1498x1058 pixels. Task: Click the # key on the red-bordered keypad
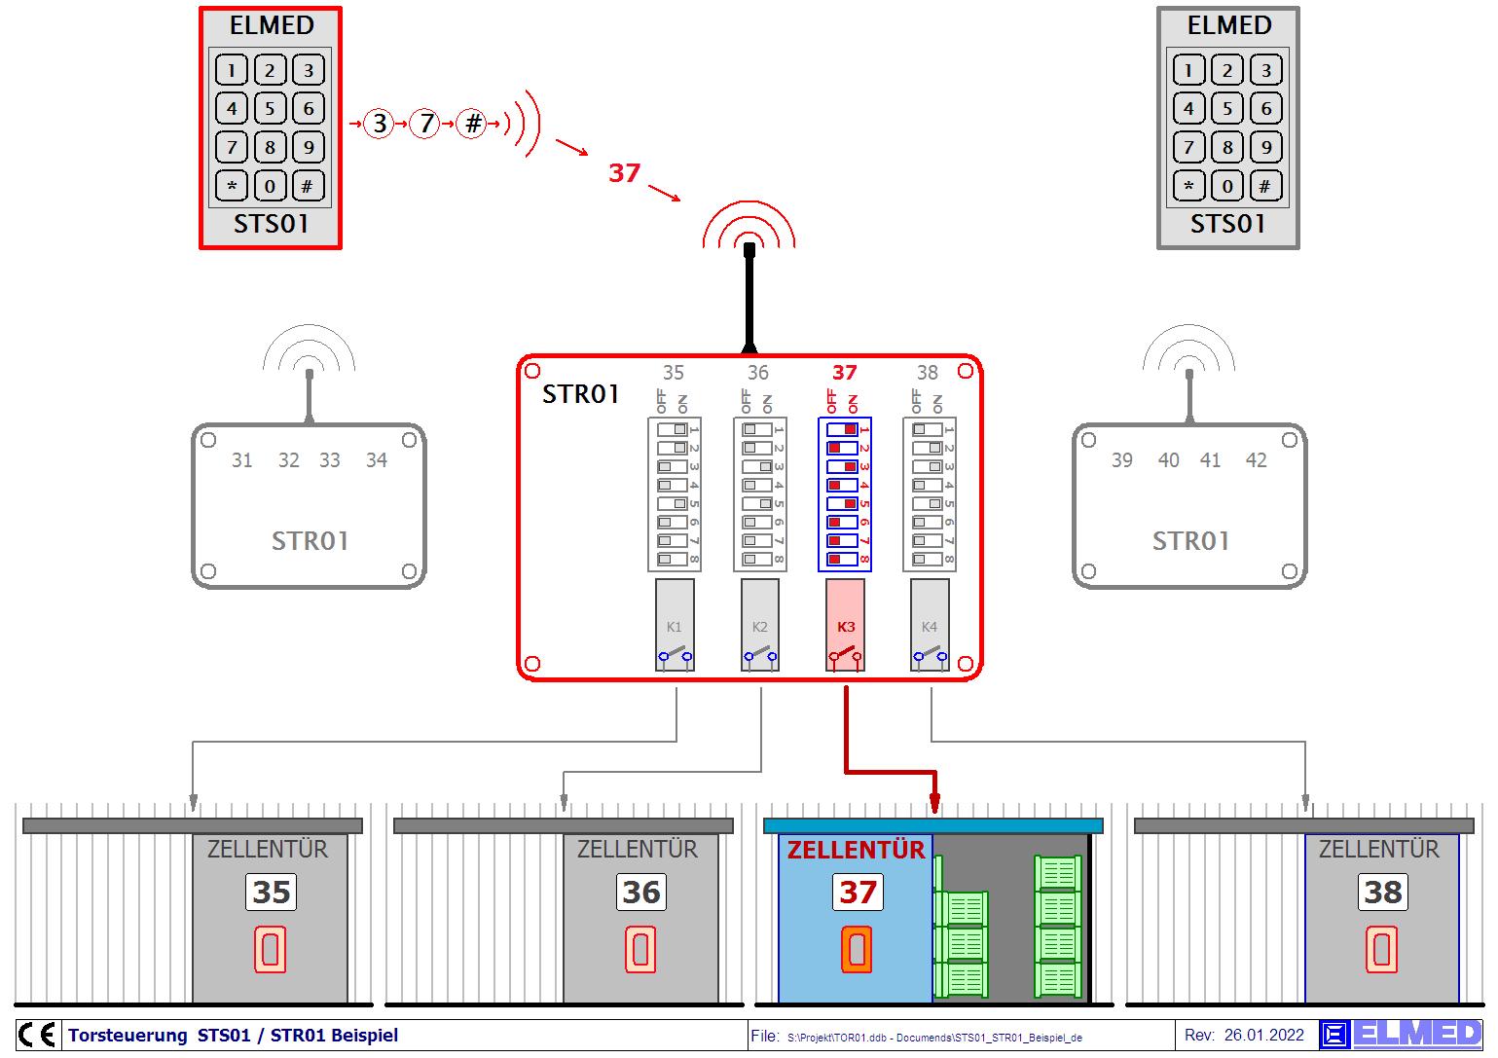pos(308,186)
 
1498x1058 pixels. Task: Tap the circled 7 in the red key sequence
pos(424,124)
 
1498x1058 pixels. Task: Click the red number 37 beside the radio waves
pos(624,173)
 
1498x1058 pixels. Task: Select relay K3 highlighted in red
pos(845,626)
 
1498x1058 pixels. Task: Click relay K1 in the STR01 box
pos(675,626)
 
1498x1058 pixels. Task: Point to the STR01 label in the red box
pos(580,394)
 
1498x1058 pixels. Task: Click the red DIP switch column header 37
pos(844,373)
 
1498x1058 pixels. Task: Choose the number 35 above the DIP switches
pos(673,373)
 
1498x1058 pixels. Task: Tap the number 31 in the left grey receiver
pos(241,460)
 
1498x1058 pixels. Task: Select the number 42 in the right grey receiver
pos(1256,460)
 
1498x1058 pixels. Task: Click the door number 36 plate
pos(641,892)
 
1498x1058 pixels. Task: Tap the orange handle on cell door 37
pos(857,950)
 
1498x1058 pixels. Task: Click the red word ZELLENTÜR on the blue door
pos(856,850)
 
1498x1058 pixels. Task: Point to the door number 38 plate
pos(1383,892)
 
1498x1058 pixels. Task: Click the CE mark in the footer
pos(37,1035)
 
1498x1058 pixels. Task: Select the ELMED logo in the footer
pos(1402,1035)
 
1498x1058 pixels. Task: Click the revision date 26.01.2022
pos(1263,1036)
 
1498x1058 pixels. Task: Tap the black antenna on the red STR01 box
pos(749,297)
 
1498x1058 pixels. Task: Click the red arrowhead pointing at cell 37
pos(934,803)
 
